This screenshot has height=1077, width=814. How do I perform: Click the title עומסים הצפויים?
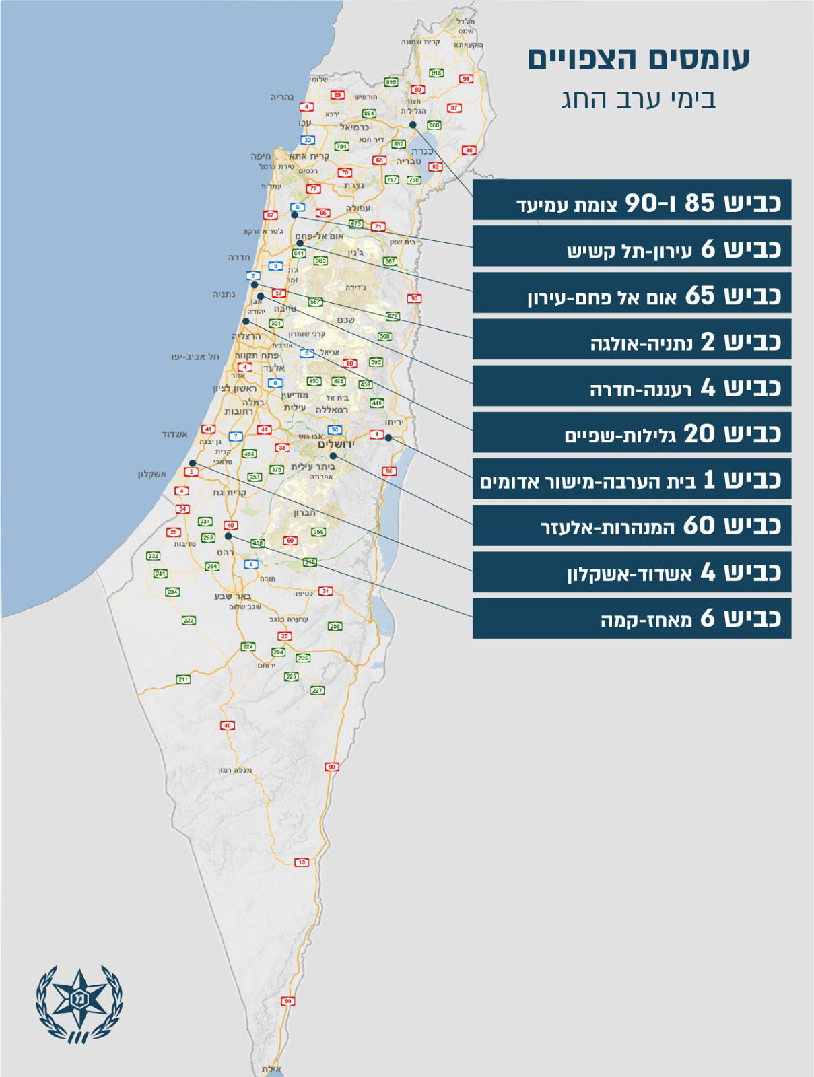click(x=638, y=59)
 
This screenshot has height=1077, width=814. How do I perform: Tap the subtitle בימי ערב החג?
click(x=638, y=99)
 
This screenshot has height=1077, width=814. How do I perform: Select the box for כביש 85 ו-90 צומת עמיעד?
click(x=632, y=201)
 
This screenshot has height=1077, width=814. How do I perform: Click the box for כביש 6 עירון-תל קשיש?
click(x=632, y=247)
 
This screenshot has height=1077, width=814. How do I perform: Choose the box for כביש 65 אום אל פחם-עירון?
click(x=632, y=293)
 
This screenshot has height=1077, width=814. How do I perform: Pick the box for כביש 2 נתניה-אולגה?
click(x=632, y=340)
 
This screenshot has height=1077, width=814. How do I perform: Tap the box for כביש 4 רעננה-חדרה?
click(x=632, y=386)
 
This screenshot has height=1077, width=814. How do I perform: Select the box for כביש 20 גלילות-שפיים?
click(x=632, y=433)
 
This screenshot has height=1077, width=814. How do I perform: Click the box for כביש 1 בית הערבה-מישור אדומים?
click(x=632, y=479)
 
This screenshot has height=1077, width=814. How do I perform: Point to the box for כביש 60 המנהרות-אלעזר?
click(x=632, y=526)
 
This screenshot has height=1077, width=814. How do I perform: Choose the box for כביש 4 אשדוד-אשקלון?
click(x=632, y=572)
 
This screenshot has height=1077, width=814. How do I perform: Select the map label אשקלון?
click(x=152, y=474)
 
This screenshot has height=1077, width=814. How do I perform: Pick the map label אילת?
click(x=271, y=1069)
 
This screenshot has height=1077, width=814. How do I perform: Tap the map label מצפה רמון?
click(x=235, y=770)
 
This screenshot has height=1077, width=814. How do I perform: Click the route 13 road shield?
click(x=302, y=862)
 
